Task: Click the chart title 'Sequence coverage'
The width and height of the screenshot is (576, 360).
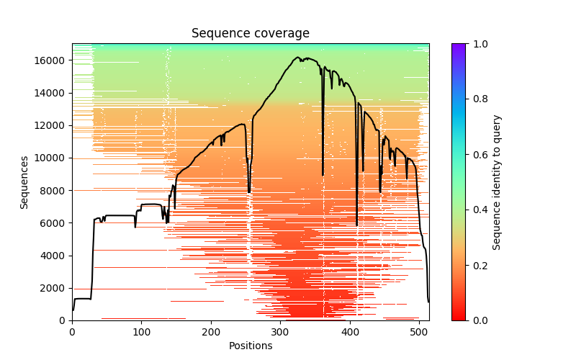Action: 250,34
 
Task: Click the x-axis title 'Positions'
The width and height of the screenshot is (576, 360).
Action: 250,346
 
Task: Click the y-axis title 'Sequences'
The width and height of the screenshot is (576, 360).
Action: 24,182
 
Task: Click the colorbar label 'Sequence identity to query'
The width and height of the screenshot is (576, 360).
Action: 498,182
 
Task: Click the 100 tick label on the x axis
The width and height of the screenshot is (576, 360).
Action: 141,331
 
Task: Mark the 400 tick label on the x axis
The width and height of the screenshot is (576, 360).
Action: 350,331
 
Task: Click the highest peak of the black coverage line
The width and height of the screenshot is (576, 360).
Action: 297,58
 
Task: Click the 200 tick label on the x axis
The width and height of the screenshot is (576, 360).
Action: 211,331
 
